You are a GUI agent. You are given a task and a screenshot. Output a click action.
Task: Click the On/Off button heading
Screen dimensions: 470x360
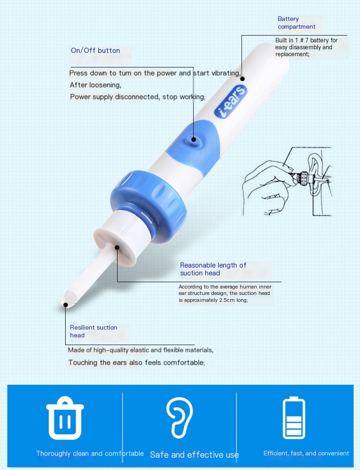point(95,51)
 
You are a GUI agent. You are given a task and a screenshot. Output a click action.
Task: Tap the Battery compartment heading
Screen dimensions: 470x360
point(296,23)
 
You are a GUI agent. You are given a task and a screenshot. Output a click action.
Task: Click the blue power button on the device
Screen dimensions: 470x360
point(194,140)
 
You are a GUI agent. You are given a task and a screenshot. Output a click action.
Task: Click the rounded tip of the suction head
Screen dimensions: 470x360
point(67,302)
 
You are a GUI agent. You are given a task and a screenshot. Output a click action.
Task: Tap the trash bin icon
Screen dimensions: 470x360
point(65,418)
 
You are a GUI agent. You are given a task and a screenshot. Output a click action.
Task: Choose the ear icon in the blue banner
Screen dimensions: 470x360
point(180,418)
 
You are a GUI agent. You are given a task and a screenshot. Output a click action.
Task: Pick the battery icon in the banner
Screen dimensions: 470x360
point(294,418)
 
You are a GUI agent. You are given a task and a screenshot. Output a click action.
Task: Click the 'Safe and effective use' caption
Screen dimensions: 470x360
point(194,455)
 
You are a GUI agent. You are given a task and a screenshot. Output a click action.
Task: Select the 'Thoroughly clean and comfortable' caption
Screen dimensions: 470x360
point(90,454)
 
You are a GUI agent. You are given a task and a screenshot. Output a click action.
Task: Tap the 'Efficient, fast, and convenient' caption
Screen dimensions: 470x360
point(306,453)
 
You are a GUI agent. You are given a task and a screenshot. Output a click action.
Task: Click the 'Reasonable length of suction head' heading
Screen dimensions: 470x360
point(213,269)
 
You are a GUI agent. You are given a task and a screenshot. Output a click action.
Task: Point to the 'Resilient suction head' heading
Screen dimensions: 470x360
point(93,331)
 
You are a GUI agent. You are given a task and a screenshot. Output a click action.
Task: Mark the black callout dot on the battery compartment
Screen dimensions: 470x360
point(242,79)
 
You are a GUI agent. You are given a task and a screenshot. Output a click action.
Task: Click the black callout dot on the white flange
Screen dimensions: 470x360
point(117,248)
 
